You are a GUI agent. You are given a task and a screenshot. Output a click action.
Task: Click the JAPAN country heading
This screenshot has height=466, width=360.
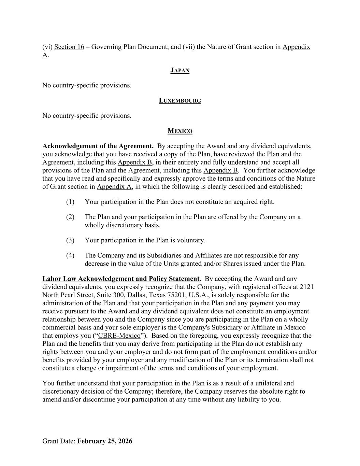coord(180,70)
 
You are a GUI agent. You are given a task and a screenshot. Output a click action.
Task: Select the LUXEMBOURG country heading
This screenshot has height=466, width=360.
coord(180,101)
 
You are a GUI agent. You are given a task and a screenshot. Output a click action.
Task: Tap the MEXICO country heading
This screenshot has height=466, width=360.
coord(180,131)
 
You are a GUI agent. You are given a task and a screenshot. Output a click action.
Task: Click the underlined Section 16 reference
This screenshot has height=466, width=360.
coord(69,47)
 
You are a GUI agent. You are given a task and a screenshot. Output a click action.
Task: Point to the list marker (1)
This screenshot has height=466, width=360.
coord(70,202)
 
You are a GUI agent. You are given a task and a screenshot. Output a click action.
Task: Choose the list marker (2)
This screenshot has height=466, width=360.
coord(70,217)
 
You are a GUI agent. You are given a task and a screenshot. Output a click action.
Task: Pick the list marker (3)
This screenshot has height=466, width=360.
coord(70,240)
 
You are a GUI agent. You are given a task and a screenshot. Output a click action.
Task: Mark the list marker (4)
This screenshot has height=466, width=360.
coord(70,255)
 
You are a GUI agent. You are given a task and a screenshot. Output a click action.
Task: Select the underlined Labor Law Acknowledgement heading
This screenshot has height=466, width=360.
coord(120,279)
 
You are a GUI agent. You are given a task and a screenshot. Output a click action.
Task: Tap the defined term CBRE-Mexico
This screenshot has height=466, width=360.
coord(119,336)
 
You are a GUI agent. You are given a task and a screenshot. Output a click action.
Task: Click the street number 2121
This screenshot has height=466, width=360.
coord(306,287)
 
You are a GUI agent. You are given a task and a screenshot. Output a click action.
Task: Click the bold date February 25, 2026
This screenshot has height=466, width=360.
coord(105,441)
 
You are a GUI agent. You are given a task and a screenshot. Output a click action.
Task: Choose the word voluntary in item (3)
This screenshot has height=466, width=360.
coord(192,240)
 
